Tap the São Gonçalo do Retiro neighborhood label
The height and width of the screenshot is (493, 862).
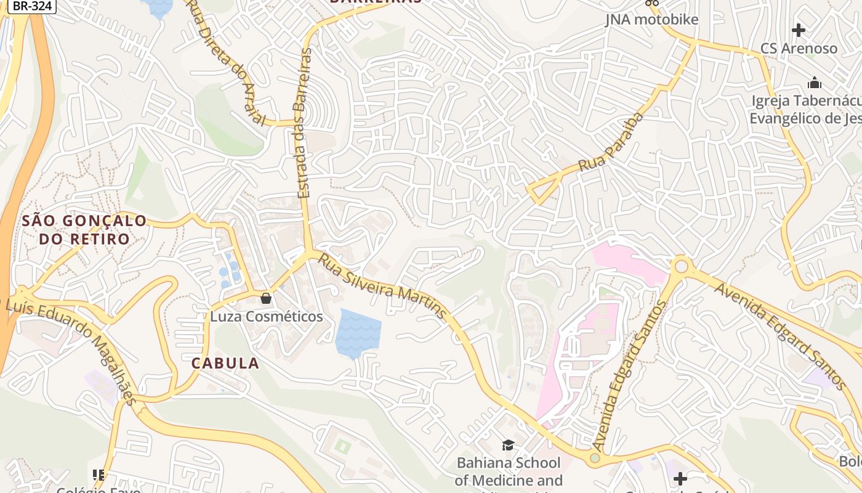tap(84, 230)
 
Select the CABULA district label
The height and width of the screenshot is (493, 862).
tap(225, 363)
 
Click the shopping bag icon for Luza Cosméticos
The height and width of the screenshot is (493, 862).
tap(266, 298)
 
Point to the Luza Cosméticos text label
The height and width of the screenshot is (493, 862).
tap(266, 317)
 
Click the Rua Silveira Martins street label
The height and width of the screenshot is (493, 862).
tap(382, 287)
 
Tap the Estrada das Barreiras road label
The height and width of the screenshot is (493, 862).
tap(304, 123)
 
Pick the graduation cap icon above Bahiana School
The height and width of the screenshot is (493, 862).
tap(508, 445)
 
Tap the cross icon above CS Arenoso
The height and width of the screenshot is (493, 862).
tap(799, 30)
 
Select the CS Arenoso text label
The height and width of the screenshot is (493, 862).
tap(799, 48)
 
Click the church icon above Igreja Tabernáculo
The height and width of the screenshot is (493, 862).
tap(815, 82)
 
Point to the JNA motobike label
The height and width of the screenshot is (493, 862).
tap(651, 20)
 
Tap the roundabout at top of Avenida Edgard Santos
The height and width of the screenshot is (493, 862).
tap(681, 266)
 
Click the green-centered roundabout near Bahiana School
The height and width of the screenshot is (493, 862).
tap(594, 458)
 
